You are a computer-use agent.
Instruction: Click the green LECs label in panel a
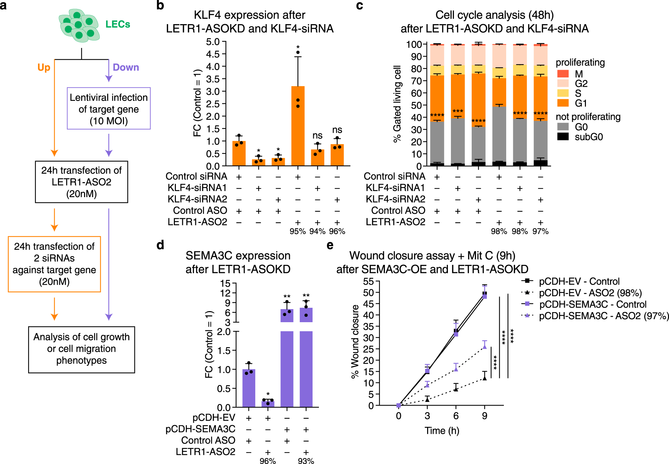point(118,24)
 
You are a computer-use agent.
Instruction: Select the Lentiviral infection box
point(109,109)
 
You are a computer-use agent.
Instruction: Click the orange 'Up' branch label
point(44,67)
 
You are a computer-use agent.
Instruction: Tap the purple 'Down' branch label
point(126,67)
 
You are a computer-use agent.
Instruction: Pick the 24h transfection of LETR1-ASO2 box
point(81,182)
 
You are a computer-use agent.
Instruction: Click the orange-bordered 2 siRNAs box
point(54,264)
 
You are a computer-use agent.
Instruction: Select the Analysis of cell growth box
point(81,349)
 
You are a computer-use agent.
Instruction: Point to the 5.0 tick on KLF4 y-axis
point(213,42)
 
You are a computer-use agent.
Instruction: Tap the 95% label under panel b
point(297,231)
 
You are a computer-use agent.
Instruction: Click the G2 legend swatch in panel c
point(563,83)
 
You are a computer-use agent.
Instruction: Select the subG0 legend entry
point(589,137)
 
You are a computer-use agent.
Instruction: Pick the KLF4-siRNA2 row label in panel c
point(395,199)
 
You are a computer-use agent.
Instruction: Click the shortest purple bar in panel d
point(268,404)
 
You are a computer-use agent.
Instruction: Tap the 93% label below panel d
point(306,461)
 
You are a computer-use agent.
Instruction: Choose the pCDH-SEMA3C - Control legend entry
point(593,304)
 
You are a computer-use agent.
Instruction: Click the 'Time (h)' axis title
point(442,430)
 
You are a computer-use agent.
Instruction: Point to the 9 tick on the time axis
point(484,416)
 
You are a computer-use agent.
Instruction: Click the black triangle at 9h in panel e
point(484,378)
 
